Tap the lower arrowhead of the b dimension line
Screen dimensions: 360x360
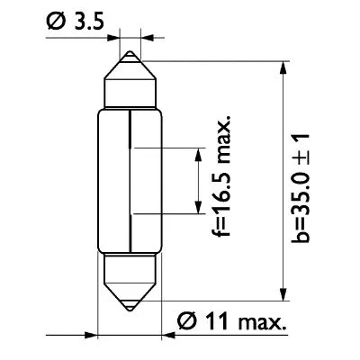pyautogui.click(x=283, y=292)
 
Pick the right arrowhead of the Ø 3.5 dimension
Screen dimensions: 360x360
pyautogui.click(x=147, y=39)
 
